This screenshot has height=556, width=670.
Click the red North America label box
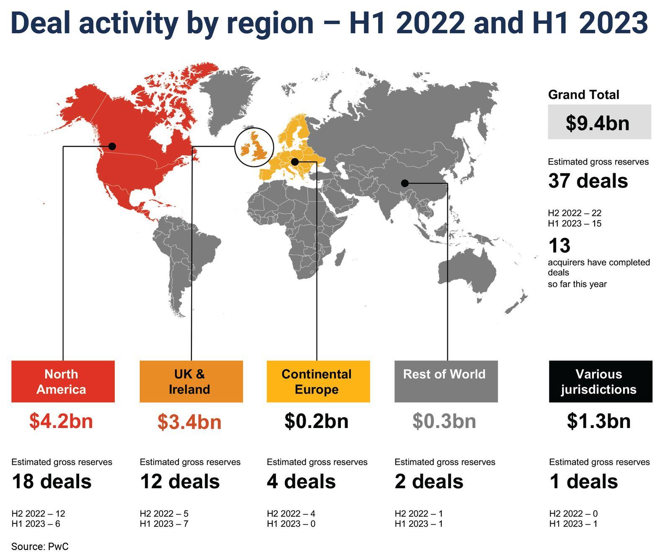(x=63, y=381)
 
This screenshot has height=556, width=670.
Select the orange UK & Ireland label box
(x=191, y=381)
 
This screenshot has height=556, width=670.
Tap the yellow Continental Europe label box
(x=318, y=381)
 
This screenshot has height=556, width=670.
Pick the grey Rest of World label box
(x=446, y=381)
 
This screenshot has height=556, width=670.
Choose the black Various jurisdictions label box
(x=600, y=381)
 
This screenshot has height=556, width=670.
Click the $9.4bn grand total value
(x=598, y=123)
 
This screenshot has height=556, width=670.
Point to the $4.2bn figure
(x=61, y=421)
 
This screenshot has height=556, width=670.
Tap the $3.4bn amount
(x=190, y=422)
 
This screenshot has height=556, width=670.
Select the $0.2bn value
(x=317, y=421)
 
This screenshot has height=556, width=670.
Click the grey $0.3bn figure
(x=444, y=421)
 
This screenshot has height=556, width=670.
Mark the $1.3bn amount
(x=599, y=421)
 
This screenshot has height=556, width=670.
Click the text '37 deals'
(x=588, y=181)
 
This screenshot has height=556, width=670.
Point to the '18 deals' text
(x=52, y=481)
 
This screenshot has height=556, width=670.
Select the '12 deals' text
(x=180, y=481)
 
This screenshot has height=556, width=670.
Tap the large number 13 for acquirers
(x=559, y=246)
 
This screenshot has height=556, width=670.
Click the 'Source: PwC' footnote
(x=40, y=546)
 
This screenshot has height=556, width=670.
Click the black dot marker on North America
(x=112, y=146)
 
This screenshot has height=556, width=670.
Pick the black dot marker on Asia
(x=405, y=183)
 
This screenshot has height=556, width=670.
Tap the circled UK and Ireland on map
(x=254, y=147)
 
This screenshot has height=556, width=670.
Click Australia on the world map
(x=466, y=270)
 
